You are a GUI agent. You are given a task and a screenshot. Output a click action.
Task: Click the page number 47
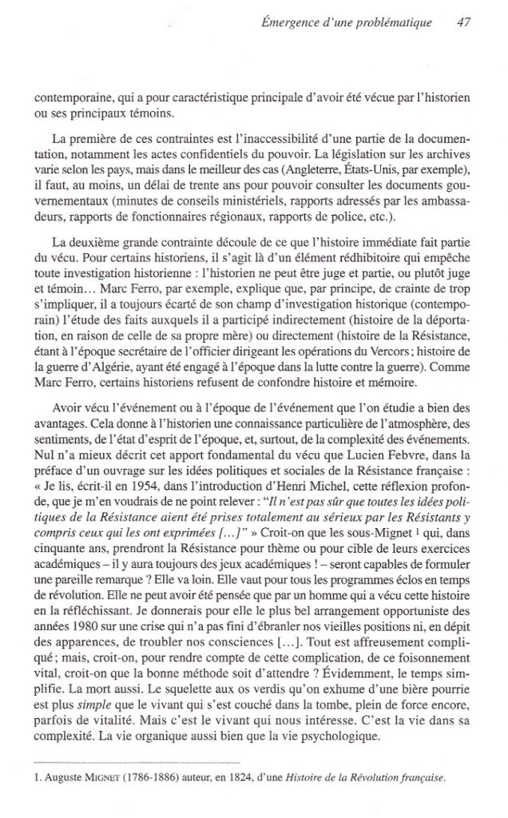[462, 22]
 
